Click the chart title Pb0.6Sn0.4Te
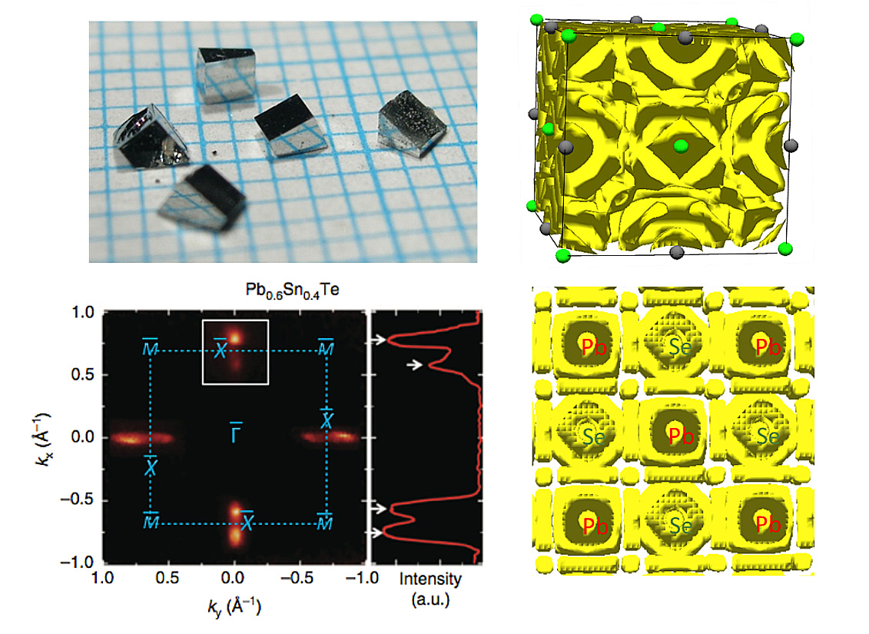pos(292,290)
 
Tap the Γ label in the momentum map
pos(236,433)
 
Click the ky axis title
pos(234,606)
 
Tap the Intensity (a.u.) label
pos(430,589)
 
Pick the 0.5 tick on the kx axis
pos(82,375)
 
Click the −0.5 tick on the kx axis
pos(77,500)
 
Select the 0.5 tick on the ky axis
pos(167,578)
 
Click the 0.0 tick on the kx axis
pos(82,437)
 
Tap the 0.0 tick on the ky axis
pos(233,578)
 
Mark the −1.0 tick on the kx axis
pos(77,563)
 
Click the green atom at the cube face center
pos(681,146)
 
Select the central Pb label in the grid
pos(681,436)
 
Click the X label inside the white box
pos(220,349)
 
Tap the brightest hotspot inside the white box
pos(235,337)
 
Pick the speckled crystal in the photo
pos(413,125)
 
